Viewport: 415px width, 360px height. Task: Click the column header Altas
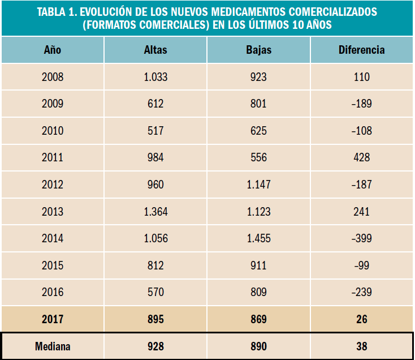click(155, 50)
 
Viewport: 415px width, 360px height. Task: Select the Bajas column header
click(259, 50)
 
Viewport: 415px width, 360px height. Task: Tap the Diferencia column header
click(362, 50)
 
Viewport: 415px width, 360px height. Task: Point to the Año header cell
click(53, 50)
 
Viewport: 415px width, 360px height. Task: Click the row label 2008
click(53, 77)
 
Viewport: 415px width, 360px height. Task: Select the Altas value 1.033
click(155, 77)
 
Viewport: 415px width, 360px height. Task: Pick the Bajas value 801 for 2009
click(259, 104)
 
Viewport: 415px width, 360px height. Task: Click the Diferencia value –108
click(361, 131)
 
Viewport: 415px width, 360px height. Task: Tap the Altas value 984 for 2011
click(155, 158)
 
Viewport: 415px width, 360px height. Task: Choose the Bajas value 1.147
click(259, 185)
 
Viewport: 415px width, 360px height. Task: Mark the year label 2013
click(53, 212)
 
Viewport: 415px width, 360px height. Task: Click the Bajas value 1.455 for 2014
click(259, 239)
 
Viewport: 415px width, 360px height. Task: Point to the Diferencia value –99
click(361, 265)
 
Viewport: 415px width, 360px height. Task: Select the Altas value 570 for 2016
click(155, 293)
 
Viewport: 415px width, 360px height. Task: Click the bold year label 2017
click(53, 320)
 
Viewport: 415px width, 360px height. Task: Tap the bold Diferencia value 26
click(362, 320)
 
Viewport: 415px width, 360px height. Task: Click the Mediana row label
click(53, 346)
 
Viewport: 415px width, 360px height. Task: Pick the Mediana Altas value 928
click(155, 346)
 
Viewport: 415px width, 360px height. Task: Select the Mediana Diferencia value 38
click(362, 346)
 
